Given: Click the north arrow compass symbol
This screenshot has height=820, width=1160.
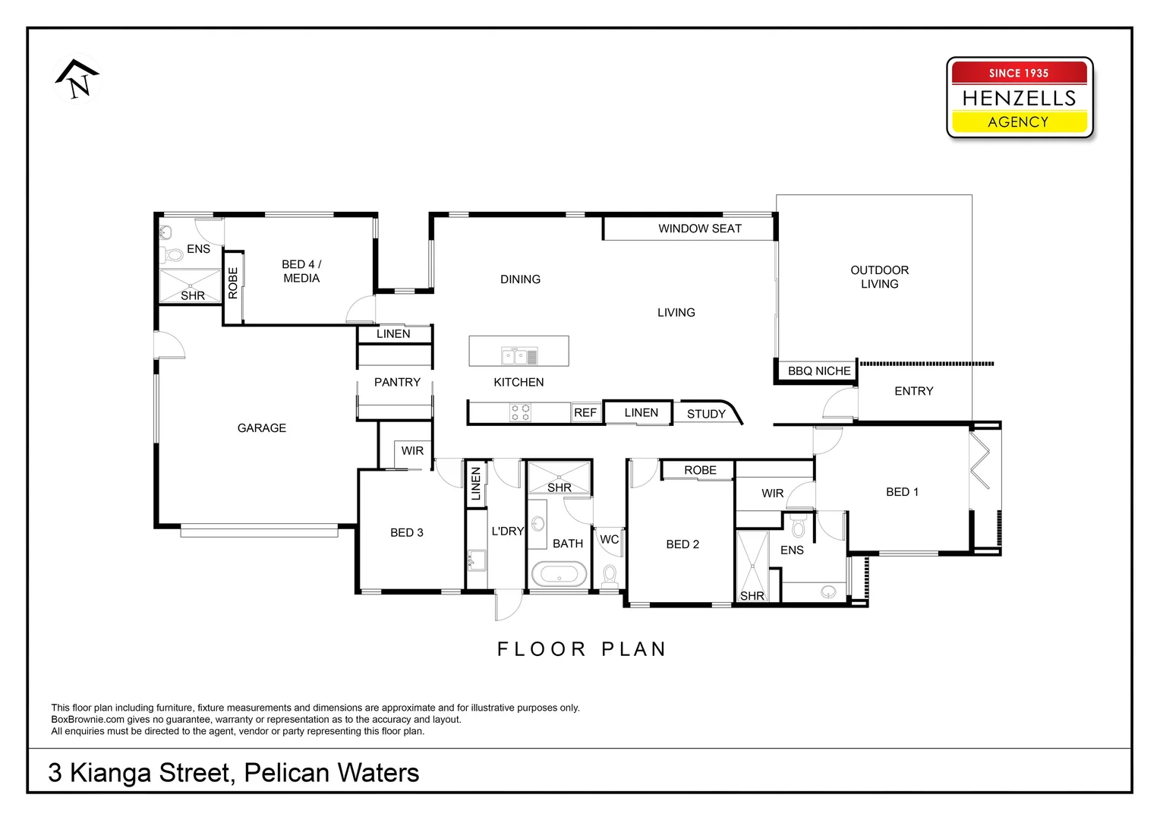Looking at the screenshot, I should pos(77,79).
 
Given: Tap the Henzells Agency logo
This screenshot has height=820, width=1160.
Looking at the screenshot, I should pos(1019,98).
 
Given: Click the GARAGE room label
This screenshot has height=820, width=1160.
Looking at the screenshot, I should pos(261,428).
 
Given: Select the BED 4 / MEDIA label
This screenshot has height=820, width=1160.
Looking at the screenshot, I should pos(301,271).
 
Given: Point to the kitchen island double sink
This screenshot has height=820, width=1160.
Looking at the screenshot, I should pos(519,356).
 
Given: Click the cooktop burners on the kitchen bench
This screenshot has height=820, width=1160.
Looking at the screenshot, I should pos(521,412).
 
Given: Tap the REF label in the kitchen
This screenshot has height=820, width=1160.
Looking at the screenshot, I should pos(585,412).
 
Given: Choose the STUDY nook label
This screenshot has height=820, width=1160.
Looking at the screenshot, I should pos(706,414).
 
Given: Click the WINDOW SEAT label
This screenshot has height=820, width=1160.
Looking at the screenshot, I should pos(699,229).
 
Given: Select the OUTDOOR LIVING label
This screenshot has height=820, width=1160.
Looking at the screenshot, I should pos(879,277).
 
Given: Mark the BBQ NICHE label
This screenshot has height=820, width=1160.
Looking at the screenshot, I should pos(819,371).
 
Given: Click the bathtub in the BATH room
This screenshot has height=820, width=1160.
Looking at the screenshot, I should pos(559,574).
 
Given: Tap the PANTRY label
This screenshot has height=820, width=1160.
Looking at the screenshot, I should pos(397,383).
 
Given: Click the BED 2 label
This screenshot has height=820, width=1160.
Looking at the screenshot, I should pos(682,544).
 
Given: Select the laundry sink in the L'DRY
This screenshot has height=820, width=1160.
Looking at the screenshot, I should pos(476,560).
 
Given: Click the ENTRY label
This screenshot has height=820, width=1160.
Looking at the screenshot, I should pos(913,391).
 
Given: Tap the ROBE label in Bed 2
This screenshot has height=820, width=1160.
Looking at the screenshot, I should pos(700,471).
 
